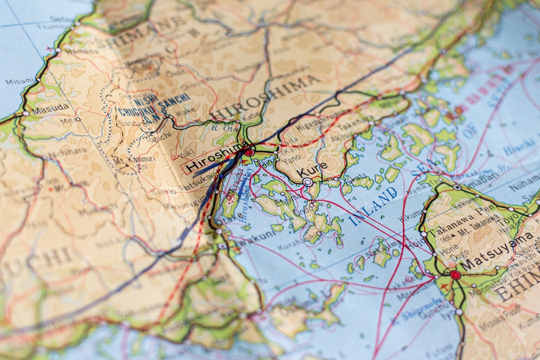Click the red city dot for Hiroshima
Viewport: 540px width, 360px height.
tap(248, 152)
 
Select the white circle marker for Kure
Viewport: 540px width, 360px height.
tap(307, 182)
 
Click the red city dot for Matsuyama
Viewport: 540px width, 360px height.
tap(454, 274)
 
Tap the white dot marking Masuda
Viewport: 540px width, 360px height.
tap(25, 113)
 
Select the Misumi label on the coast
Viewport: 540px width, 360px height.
tap(20, 81)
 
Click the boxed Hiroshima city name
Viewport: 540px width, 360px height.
tap(216, 158)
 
